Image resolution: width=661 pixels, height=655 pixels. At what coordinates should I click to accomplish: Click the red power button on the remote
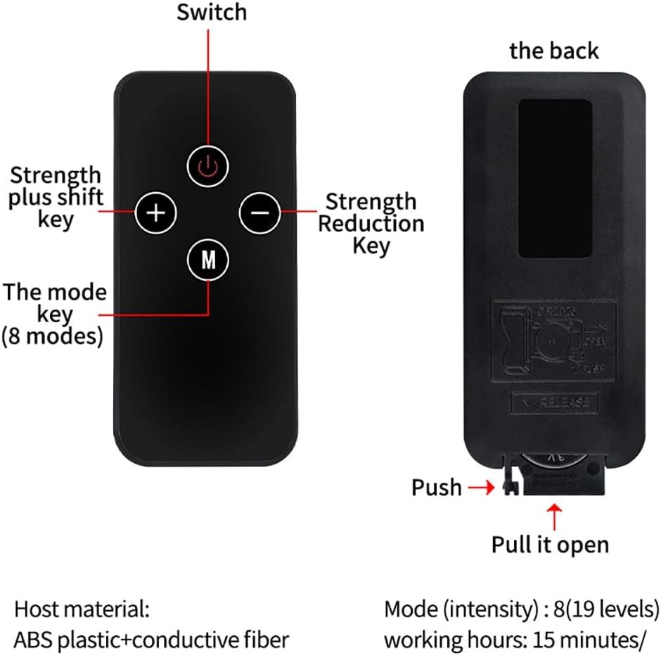208,166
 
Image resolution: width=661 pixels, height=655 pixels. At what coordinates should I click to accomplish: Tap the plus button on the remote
156,211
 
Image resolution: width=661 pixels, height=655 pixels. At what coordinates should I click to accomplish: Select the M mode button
208,260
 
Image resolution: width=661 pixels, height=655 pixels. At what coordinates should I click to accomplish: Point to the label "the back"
554,51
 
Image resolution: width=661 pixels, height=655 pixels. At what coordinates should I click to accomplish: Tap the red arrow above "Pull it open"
554,516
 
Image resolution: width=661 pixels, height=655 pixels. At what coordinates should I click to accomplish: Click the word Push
437,487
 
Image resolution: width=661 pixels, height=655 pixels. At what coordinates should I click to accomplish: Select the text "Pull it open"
550,545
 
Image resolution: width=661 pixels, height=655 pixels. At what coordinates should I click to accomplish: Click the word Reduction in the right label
371,224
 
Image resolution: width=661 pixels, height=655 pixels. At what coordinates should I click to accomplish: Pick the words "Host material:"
82,609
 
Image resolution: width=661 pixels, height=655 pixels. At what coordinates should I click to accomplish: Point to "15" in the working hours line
542,640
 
